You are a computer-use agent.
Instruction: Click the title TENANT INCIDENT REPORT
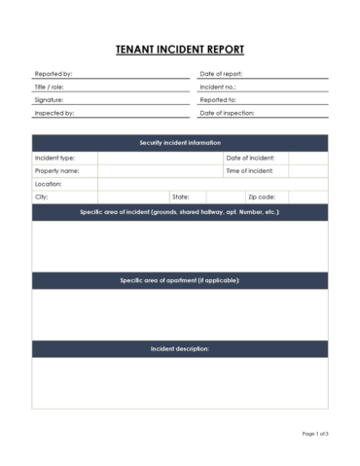point(180,50)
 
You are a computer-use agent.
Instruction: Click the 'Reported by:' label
point(53,74)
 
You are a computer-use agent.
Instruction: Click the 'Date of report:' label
point(221,74)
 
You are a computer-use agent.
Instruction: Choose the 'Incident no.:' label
point(217,87)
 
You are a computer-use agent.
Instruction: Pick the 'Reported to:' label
point(218,100)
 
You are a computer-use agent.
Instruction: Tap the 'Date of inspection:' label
point(226,113)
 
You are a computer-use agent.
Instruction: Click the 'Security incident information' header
point(180,143)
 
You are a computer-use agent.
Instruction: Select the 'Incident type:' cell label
point(54,158)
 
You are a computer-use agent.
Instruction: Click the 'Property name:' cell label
point(56,170)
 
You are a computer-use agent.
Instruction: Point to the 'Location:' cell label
point(49,183)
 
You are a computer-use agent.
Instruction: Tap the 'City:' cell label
point(42,197)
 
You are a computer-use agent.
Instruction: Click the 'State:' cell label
point(181,197)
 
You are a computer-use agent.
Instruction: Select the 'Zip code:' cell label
point(261,197)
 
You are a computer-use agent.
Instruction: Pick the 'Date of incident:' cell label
point(250,158)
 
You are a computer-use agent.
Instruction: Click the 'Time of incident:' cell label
point(250,170)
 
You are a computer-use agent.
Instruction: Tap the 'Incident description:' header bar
point(180,348)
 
